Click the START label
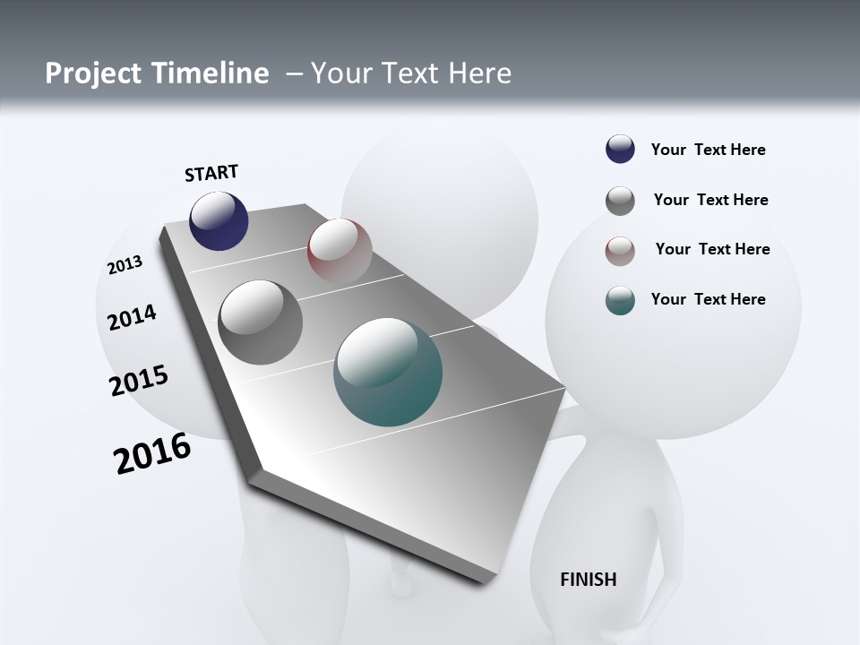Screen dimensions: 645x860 [211, 173]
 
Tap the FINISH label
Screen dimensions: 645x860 [589, 580]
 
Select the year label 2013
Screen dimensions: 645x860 [125, 265]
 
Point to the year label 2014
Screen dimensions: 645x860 [133, 317]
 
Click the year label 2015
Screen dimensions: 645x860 [139, 381]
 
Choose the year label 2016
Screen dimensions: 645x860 [152, 453]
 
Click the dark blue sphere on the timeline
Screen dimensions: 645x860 [219, 220]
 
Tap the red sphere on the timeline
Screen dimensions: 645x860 [340, 250]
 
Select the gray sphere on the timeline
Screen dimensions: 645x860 [261, 322]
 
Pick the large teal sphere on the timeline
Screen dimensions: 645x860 [388, 372]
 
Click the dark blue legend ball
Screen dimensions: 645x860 [620, 150]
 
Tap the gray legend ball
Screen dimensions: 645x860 [620, 201]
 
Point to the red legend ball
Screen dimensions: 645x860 [620, 251]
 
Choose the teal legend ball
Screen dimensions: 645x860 [620, 300]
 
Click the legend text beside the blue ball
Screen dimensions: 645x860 [708, 150]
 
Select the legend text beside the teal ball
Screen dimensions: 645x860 [708, 299]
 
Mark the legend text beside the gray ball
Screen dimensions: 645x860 [710, 200]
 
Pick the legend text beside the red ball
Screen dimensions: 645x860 [712, 249]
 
